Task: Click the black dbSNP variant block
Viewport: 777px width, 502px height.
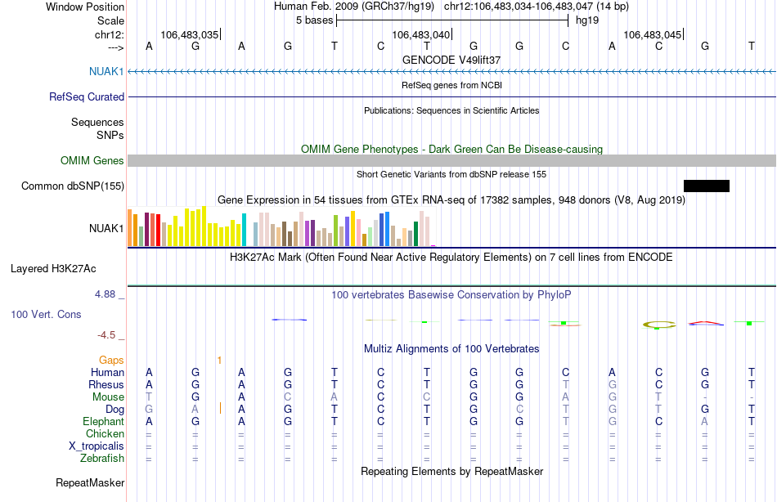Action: (706, 186)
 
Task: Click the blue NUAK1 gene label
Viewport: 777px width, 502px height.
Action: (106, 71)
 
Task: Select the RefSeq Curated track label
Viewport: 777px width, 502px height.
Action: (87, 96)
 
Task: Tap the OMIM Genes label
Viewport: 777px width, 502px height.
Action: (92, 160)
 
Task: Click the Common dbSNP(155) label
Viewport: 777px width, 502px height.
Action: (73, 186)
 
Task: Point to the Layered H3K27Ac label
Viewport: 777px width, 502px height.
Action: (53, 269)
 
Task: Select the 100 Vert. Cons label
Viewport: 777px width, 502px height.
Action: (46, 314)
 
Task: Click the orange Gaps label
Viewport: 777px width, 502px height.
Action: (111, 360)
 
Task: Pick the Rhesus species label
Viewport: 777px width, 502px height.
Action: (106, 384)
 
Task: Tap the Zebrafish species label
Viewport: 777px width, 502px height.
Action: (102, 458)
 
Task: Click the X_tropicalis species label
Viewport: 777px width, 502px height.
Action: (97, 446)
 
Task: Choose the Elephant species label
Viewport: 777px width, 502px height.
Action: (104, 421)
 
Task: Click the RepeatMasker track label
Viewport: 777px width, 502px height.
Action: (90, 482)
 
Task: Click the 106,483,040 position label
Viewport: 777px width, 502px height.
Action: (420, 34)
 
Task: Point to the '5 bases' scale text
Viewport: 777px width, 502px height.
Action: (315, 20)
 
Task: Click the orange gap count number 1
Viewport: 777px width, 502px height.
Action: (219, 361)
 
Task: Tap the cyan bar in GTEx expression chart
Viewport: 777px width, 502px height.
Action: (244, 230)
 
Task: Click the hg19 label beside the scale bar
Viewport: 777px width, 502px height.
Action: (587, 20)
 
